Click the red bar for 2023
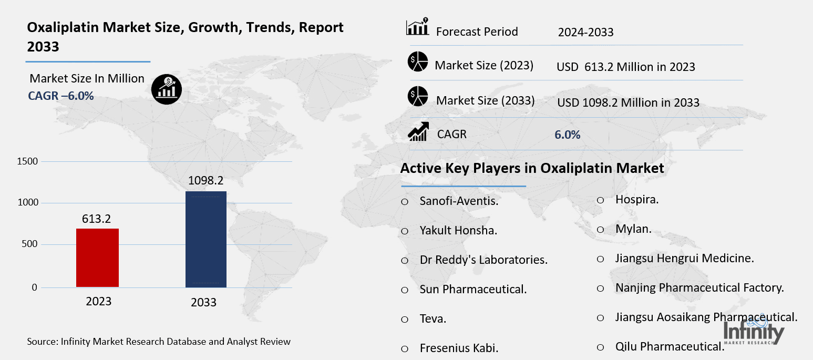97,258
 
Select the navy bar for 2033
206,239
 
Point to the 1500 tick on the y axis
27,161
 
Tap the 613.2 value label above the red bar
97,218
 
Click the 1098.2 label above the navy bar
206,181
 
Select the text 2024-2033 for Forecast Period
585,33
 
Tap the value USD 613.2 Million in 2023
625,67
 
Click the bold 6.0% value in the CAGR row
567,135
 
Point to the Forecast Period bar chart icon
417,27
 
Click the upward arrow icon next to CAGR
418,131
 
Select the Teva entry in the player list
433,318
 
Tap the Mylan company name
633,229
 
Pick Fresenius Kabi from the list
459,348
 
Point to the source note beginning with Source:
159,342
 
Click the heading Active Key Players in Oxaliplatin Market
532,168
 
